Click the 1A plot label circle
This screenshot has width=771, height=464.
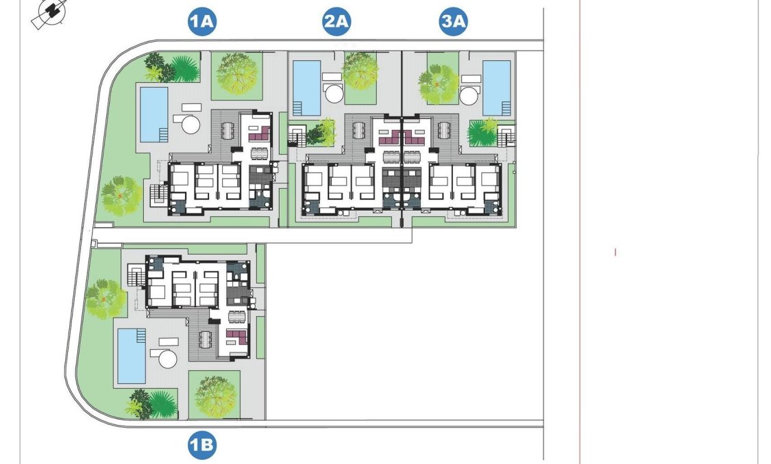pyautogui.click(x=202, y=23)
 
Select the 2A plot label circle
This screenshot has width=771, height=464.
pyautogui.click(x=336, y=23)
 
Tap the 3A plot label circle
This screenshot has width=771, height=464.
pyautogui.click(x=453, y=23)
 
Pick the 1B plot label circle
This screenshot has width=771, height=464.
pyautogui.click(x=202, y=446)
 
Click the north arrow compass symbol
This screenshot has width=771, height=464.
pyautogui.click(x=49, y=13)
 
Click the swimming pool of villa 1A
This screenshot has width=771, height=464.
pyautogui.click(x=154, y=114)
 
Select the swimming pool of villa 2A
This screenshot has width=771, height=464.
pyautogui.click(x=306, y=88)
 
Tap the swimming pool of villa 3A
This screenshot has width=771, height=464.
pyautogui.click(x=496, y=88)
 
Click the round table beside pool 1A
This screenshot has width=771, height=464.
pyautogui.click(x=188, y=125)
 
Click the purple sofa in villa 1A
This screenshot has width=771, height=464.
pyautogui.click(x=257, y=135)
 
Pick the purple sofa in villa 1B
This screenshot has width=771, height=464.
pyautogui.click(x=236, y=337)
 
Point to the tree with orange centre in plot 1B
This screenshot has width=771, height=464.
pyautogui.click(x=105, y=298)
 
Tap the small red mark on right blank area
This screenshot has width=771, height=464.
pyautogui.click(x=615, y=253)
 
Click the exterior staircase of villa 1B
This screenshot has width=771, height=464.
pyautogui.click(x=136, y=278)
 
